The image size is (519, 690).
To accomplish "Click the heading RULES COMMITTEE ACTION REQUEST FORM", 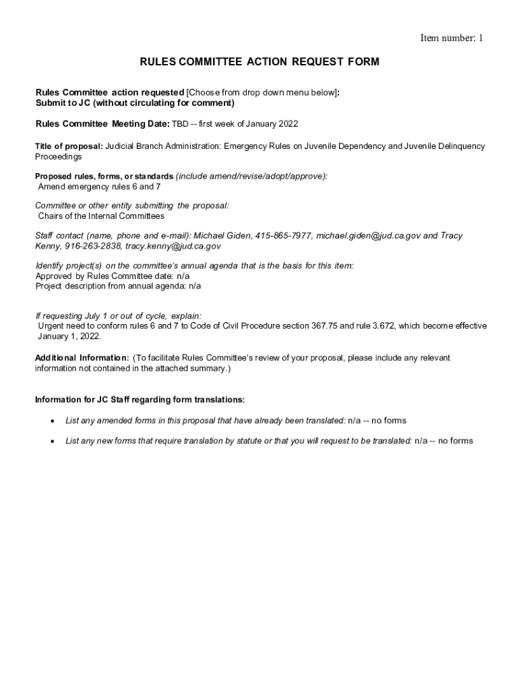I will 259,62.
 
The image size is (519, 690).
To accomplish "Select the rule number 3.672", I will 384,326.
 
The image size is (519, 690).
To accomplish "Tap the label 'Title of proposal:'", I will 69,146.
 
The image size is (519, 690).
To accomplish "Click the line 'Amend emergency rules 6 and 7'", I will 99,186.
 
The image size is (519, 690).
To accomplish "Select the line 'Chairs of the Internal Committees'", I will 101,216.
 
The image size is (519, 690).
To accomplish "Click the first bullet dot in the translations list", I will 52,421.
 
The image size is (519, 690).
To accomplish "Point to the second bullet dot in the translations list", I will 52,441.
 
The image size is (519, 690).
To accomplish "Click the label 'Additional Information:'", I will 82,358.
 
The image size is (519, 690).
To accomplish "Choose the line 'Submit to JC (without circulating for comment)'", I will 135,103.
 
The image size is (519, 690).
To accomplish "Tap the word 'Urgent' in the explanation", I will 51,326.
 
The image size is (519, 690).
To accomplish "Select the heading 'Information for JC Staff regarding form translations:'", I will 145,400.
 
